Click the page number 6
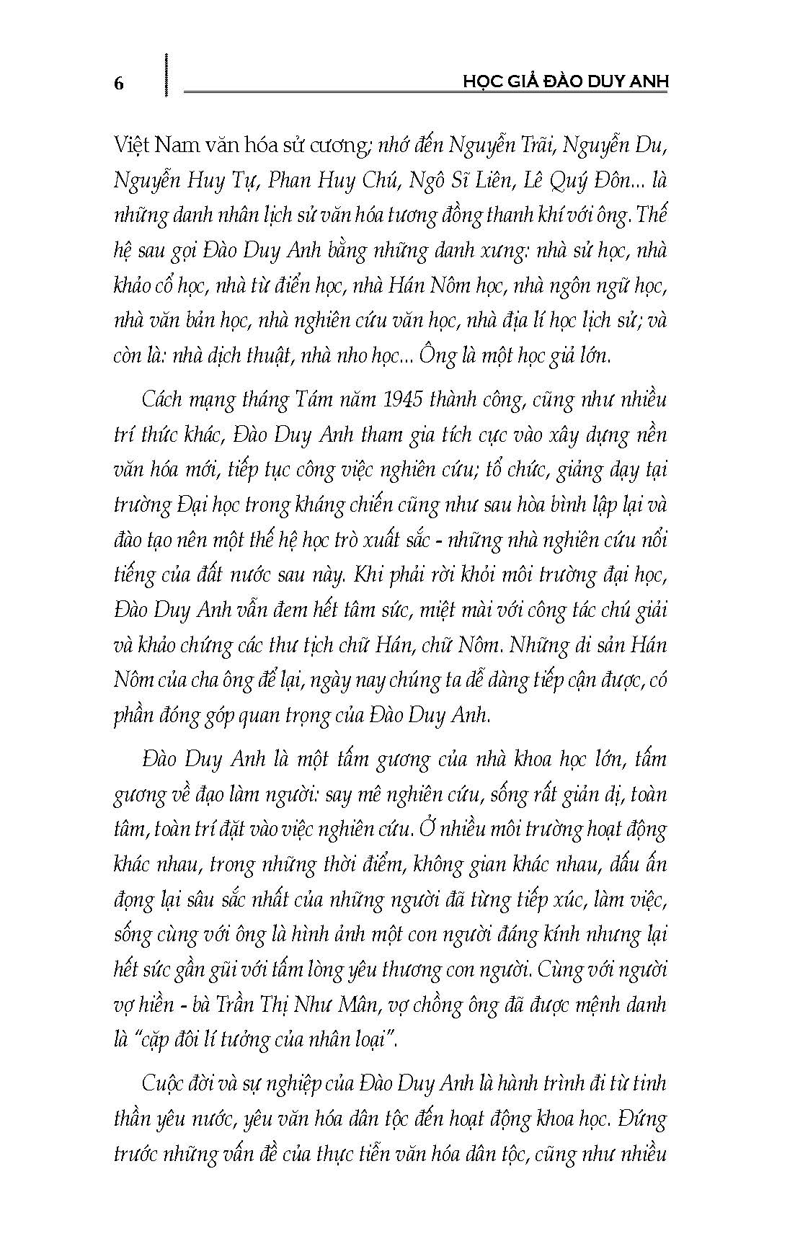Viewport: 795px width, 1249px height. (x=119, y=84)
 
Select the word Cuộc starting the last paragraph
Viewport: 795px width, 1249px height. (x=164, y=1085)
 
